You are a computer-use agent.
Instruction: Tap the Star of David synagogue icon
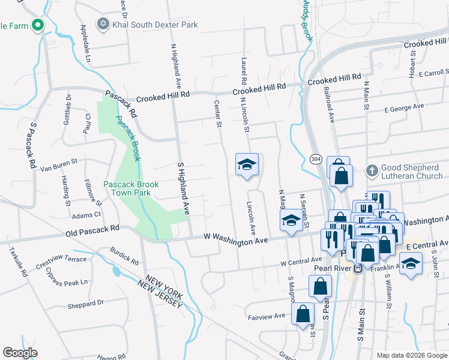tap(103, 24)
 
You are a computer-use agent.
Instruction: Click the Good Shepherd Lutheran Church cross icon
tap(372, 170)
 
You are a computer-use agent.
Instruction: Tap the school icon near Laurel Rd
tap(246, 166)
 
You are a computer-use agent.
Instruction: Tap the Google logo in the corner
tap(20, 352)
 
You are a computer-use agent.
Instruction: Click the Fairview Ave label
tap(266, 316)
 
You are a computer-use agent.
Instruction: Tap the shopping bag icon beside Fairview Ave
tap(303, 313)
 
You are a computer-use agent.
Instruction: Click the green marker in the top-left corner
tap(38, 25)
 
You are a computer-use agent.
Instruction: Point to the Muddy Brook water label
tap(306, 20)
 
